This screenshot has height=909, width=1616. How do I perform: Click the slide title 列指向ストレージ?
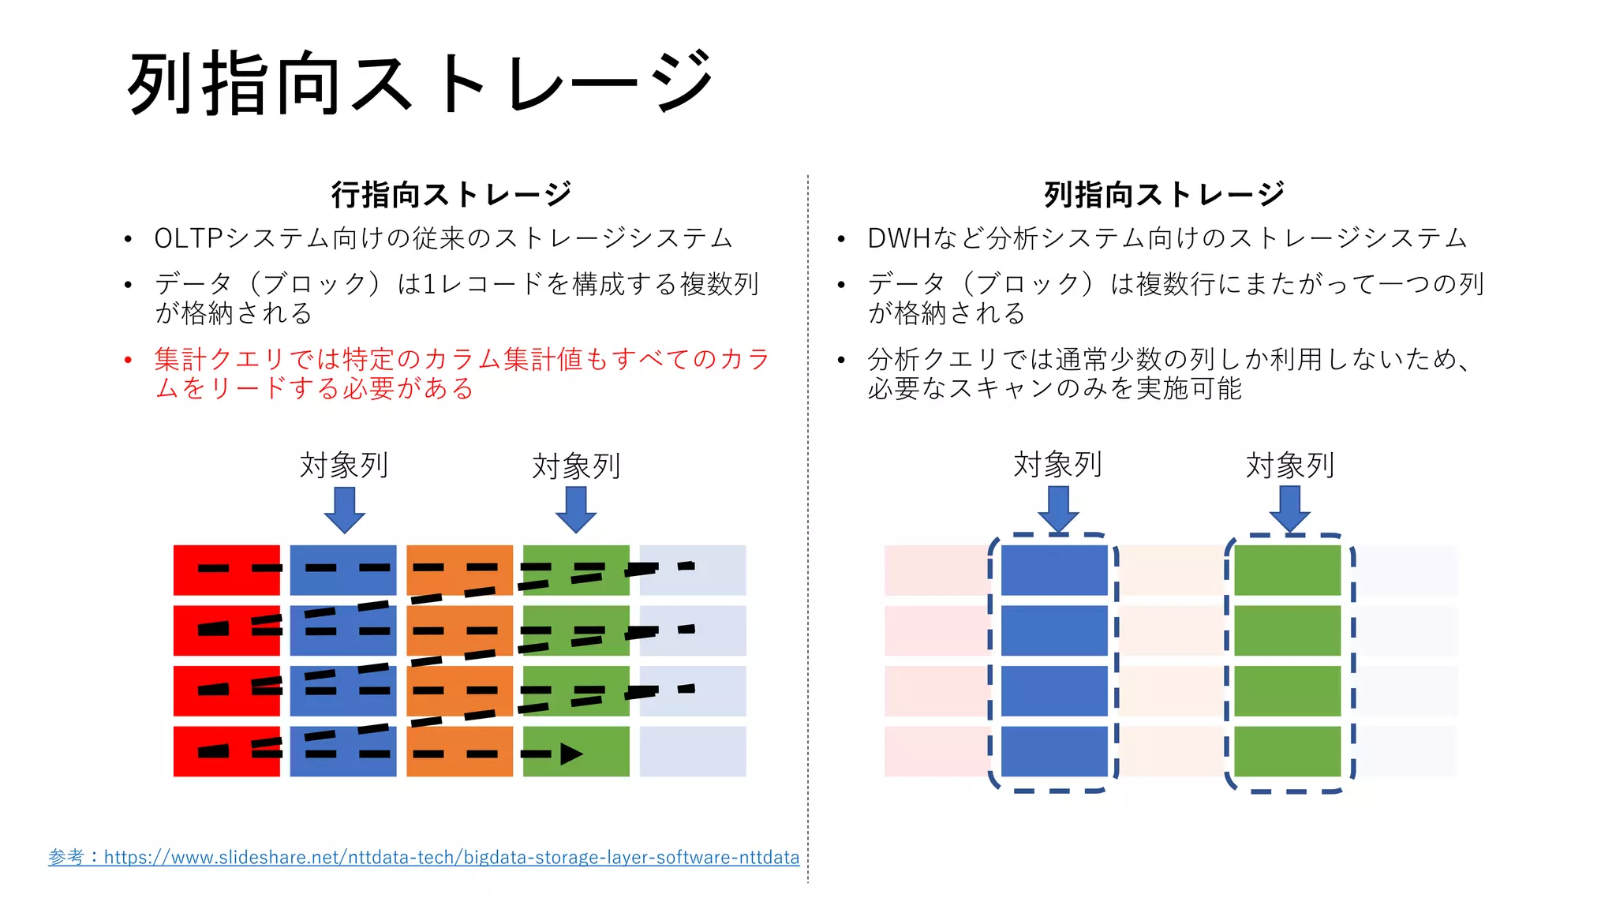pyautogui.click(x=420, y=84)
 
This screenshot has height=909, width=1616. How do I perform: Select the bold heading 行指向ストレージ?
pyautogui.click(x=451, y=194)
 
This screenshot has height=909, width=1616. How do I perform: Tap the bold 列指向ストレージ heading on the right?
pyautogui.click(x=1164, y=194)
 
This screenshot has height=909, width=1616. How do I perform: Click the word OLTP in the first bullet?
pyautogui.click(x=189, y=238)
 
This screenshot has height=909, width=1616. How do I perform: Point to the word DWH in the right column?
pyautogui.click(x=899, y=238)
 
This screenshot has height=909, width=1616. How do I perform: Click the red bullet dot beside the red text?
pyautogui.click(x=128, y=361)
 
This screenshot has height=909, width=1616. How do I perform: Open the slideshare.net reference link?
pyautogui.click(x=451, y=857)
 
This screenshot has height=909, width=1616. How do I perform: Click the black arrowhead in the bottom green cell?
pyautogui.click(x=571, y=754)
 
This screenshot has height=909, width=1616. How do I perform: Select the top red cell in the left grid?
pyautogui.click(x=226, y=570)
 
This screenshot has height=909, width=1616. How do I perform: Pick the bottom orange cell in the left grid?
pyautogui.click(x=459, y=751)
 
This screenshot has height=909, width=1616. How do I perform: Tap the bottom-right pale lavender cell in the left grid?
pyautogui.click(x=692, y=751)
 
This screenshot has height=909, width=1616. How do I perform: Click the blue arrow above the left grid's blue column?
pyautogui.click(x=344, y=510)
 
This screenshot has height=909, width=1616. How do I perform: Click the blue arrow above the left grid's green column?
pyautogui.click(x=576, y=510)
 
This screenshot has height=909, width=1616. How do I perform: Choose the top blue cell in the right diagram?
pyautogui.click(x=1054, y=570)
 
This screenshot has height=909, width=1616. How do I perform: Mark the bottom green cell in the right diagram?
pyautogui.click(x=1287, y=751)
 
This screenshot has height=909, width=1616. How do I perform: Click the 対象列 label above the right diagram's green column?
pyautogui.click(x=1289, y=466)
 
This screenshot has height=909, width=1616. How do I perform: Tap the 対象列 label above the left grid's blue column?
pyautogui.click(x=344, y=466)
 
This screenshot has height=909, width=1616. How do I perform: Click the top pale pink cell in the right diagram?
pyautogui.click(x=936, y=570)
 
